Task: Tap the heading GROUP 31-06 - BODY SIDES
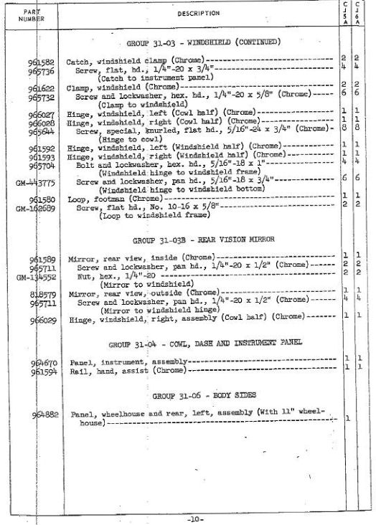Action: pos(194,395)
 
